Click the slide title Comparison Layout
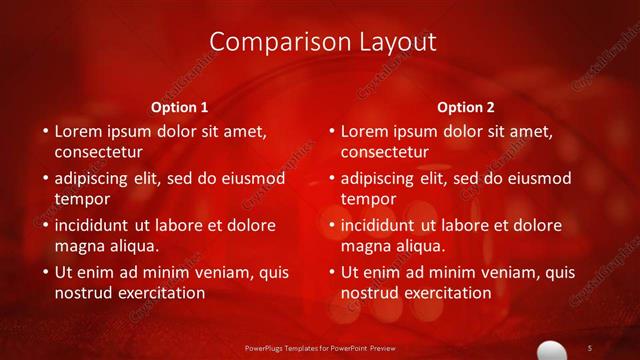[x=324, y=42]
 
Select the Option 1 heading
[x=180, y=107]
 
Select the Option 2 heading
[x=466, y=107]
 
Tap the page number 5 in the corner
[x=590, y=347]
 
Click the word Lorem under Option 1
[x=79, y=131]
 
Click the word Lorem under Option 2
[x=365, y=131]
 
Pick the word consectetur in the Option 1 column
[x=98, y=152]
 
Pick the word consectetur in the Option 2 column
[x=384, y=152]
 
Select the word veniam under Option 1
[x=209, y=272]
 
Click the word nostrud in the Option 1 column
[x=84, y=293]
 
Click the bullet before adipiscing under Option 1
[x=45, y=179]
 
